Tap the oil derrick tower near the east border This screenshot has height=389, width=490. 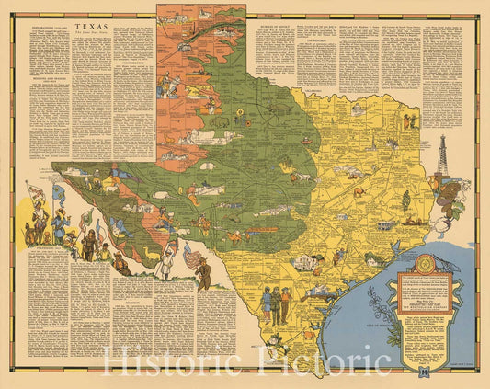point(442,156)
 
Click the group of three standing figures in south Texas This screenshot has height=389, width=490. point(276,303)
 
